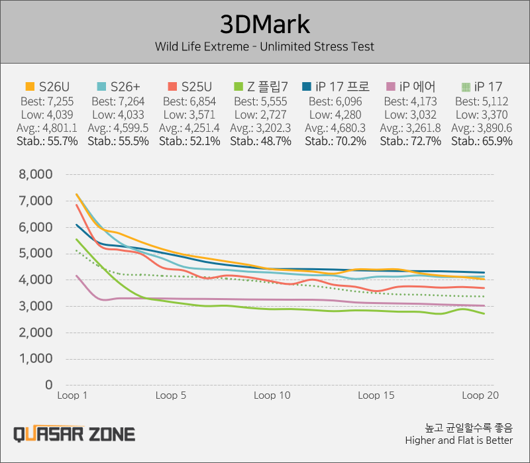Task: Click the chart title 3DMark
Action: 264,25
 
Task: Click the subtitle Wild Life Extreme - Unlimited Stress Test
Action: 264,46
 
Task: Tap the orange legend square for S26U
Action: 30,87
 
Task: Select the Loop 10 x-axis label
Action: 272,395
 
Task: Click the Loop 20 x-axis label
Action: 480,395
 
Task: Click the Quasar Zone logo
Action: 74,435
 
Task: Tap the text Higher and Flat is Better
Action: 458,440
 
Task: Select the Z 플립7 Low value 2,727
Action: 269,115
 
